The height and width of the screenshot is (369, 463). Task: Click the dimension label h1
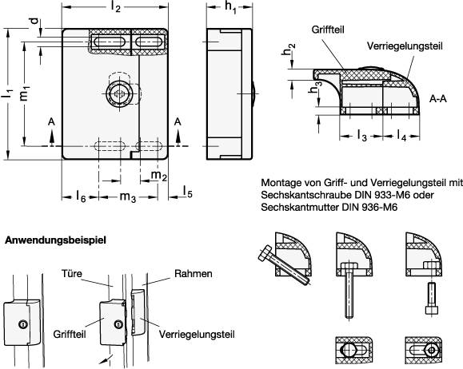click(x=230, y=9)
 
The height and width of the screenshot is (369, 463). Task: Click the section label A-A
click(x=437, y=99)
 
